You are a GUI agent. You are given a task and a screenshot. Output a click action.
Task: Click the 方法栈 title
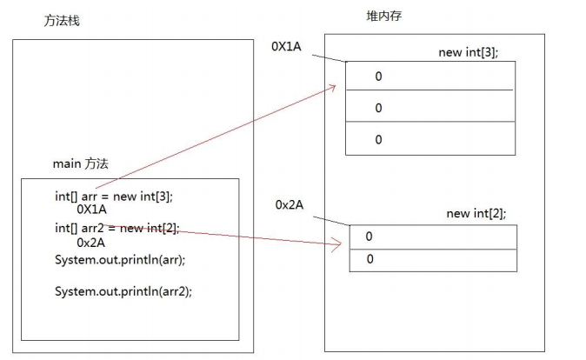click(x=62, y=21)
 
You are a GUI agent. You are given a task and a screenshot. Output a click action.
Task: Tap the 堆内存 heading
click(x=384, y=17)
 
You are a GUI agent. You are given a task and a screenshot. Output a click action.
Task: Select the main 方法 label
click(x=81, y=163)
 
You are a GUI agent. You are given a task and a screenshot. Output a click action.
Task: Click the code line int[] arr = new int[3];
click(x=120, y=196)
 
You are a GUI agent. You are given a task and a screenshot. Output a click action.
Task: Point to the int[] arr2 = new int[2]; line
click(x=117, y=228)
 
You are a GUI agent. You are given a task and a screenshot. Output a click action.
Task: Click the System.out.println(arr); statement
click(x=120, y=259)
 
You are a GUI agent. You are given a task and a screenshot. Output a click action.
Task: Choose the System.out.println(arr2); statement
click(x=123, y=290)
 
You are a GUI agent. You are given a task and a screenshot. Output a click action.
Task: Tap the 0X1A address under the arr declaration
click(x=92, y=210)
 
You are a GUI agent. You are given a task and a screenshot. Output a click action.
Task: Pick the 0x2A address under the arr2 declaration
click(x=91, y=243)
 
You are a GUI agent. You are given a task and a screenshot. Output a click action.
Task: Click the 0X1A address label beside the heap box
click(x=286, y=47)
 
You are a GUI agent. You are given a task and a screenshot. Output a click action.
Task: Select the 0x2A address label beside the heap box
click(x=289, y=204)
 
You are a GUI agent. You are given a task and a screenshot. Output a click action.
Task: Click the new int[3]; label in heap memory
click(x=468, y=52)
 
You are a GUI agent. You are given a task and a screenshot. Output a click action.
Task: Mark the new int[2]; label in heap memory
click(x=476, y=213)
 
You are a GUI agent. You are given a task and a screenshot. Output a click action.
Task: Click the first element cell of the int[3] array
click(x=430, y=77)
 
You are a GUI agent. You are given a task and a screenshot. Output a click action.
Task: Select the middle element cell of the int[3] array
click(x=430, y=108)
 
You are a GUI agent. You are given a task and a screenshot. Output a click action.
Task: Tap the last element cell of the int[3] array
click(x=430, y=139)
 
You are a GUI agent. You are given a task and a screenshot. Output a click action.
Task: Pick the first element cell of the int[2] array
click(x=432, y=237)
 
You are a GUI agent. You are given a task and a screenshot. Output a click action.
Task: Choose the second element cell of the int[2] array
click(x=432, y=260)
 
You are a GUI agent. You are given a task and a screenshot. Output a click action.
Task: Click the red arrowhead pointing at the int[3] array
click(x=334, y=86)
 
